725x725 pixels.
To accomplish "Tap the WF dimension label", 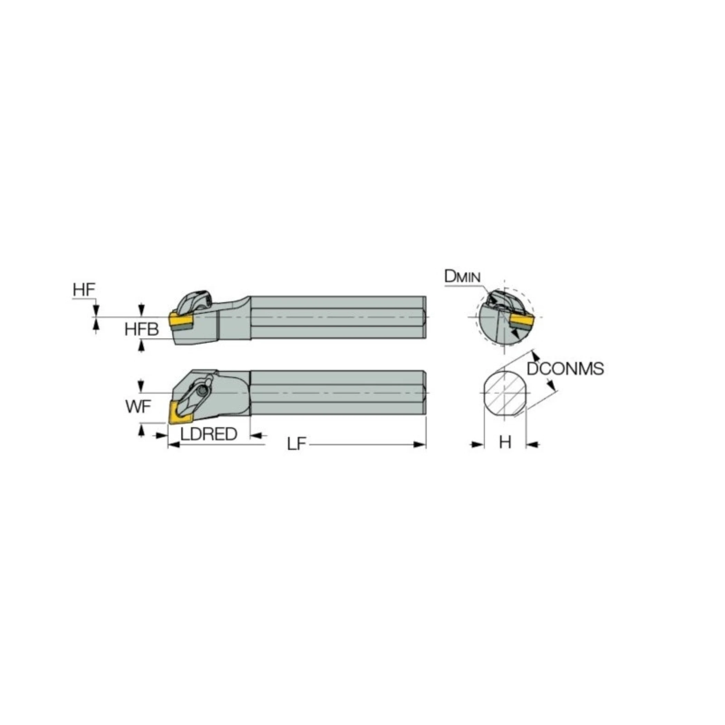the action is (138, 407).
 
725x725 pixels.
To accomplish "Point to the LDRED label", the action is (209, 434).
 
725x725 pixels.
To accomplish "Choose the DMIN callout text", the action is (462, 277).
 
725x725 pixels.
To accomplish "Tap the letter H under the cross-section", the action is (505, 443).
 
